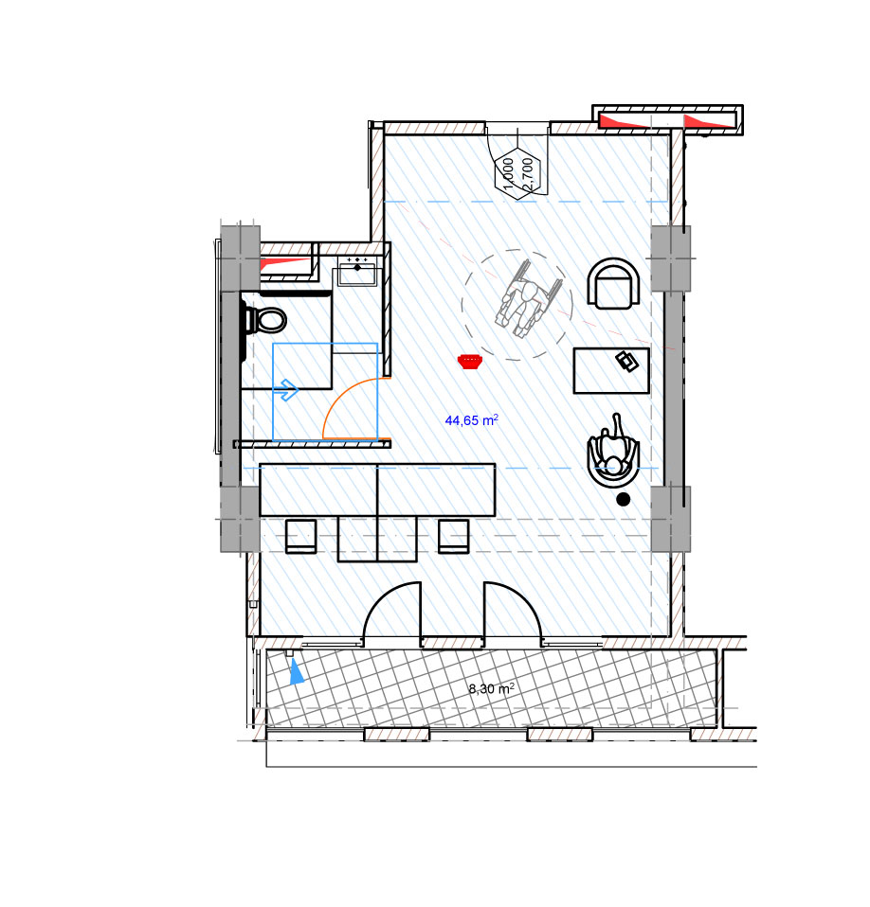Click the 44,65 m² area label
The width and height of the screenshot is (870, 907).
point(471,420)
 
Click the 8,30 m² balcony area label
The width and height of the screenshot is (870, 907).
point(492,688)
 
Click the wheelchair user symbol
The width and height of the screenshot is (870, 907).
point(527,299)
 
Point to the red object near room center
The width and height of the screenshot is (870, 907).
point(470,362)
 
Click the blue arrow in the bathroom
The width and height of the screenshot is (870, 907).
point(288,390)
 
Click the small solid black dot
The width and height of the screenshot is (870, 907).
point(623,499)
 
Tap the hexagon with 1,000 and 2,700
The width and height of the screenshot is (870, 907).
point(517,173)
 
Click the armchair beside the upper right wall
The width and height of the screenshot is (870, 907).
point(613,283)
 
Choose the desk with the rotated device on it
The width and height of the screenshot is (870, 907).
point(611,371)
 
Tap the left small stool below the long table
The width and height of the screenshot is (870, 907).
point(301,537)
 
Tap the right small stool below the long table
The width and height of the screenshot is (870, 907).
point(454,537)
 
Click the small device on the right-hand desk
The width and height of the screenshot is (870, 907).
point(626,362)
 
